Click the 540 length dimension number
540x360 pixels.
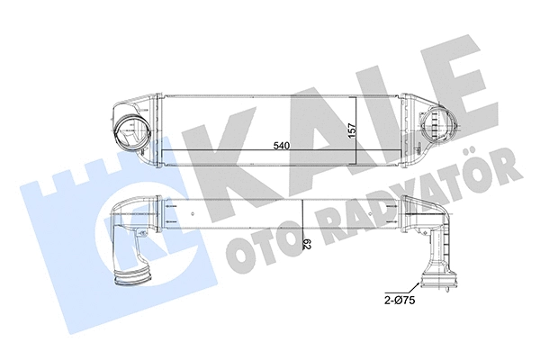click(282, 146)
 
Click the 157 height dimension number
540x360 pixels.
click(352, 130)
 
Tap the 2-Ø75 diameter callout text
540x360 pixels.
click(400, 300)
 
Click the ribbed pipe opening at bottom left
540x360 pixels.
click(131, 277)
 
